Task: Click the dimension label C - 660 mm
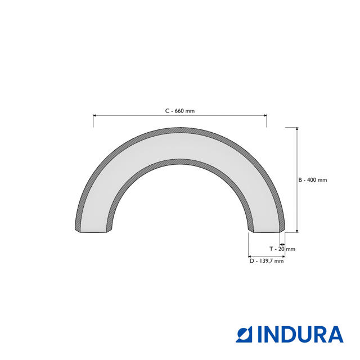point(180,111)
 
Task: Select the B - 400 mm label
point(313,180)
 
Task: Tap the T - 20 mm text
point(282,249)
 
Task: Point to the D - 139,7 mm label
point(267,261)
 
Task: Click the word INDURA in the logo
point(300,335)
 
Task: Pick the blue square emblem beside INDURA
point(244,335)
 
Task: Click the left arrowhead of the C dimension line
point(94,115)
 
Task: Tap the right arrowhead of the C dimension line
point(265,115)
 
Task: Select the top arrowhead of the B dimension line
point(297,129)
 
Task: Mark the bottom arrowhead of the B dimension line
point(297,231)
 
